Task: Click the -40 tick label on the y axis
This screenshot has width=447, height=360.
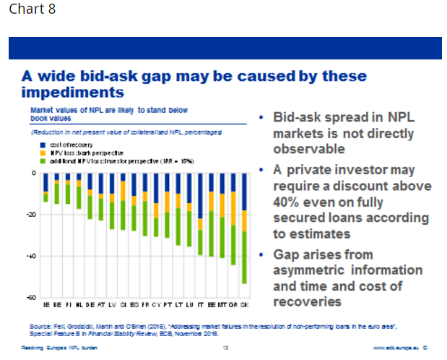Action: (32, 256)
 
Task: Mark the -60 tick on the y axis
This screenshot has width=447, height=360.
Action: (32, 297)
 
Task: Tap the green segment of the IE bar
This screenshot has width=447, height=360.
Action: (46, 197)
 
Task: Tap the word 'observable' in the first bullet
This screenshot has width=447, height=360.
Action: (310, 150)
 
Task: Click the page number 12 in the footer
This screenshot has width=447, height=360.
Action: (225, 348)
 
